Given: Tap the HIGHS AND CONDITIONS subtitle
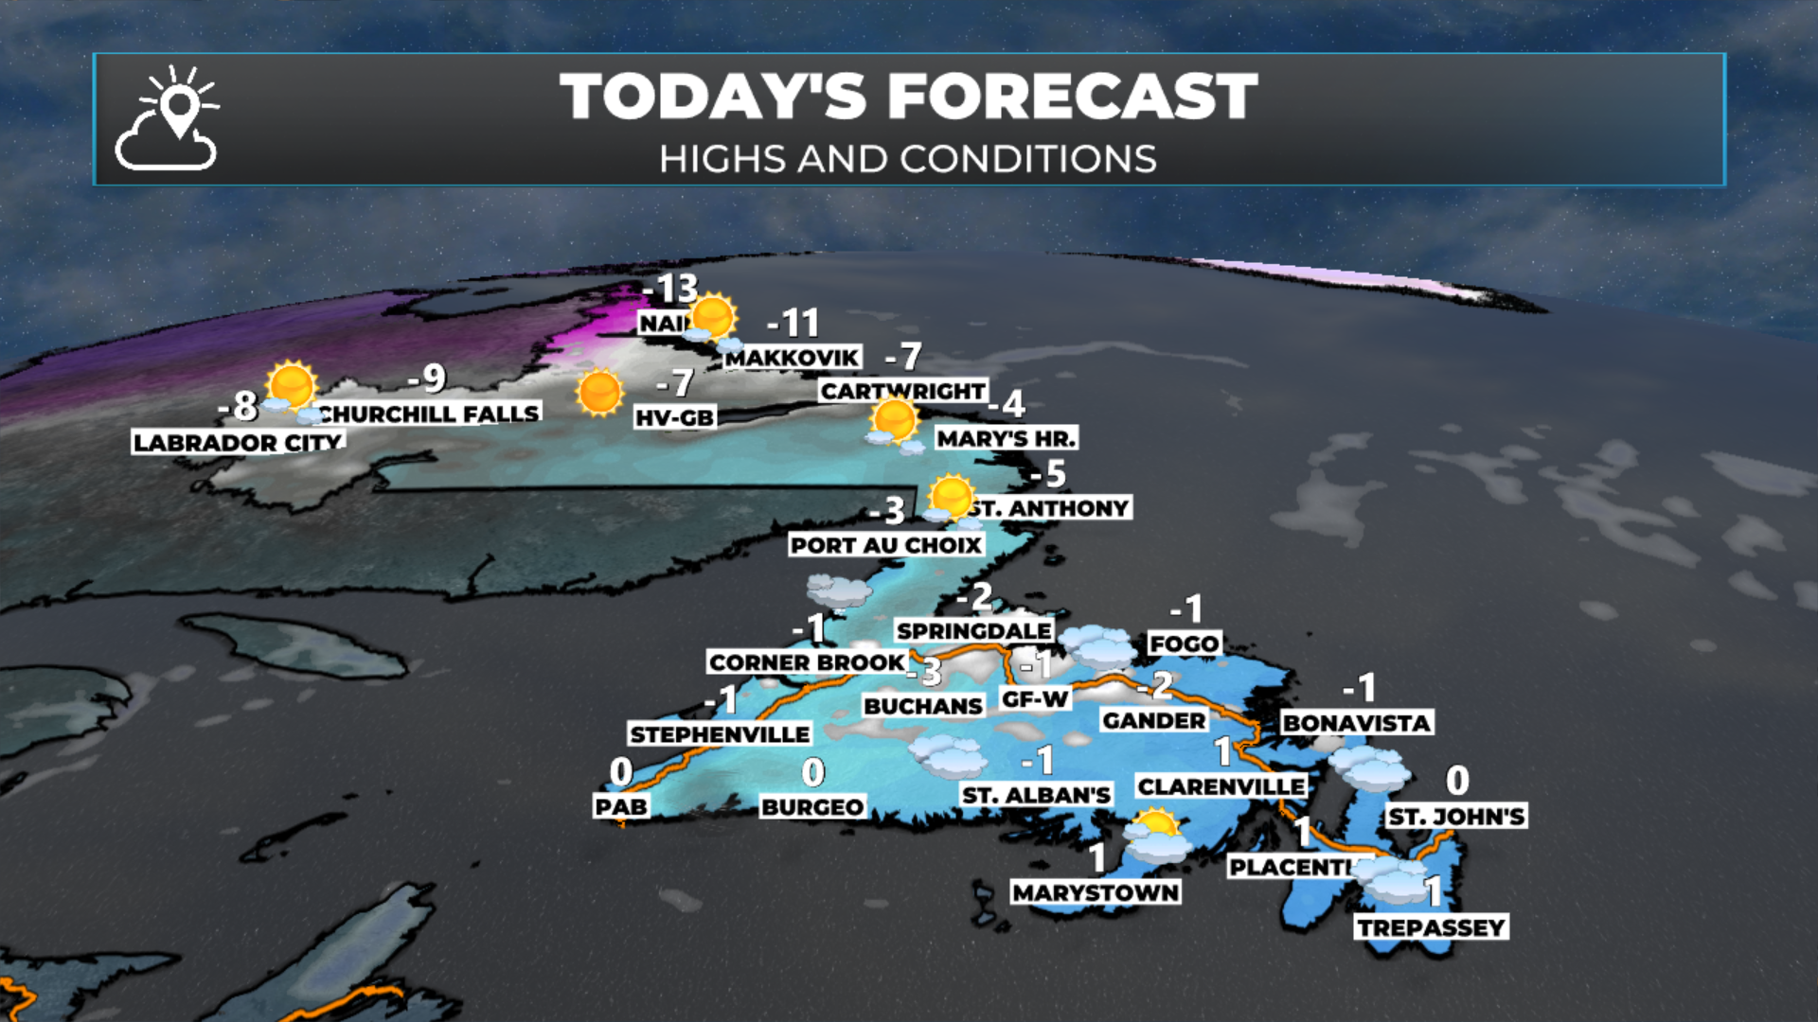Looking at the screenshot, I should (x=907, y=159).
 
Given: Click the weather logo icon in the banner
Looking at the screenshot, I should (x=168, y=119).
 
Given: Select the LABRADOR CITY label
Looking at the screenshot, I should (x=238, y=442).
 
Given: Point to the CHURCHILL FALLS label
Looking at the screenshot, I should (x=429, y=414).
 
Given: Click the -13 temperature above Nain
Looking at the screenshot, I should (x=670, y=289).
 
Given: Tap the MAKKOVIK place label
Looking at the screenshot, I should (x=793, y=358).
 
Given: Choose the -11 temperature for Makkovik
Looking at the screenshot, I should (x=793, y=324).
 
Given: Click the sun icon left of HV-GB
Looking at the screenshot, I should (x=599, y=393).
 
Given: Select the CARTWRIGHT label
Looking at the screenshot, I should (x=902, y=391).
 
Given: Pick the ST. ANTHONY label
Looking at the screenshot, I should (x=1050, y=508).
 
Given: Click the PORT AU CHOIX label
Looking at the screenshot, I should (x=886, y=545).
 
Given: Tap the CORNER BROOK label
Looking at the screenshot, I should (x=807, y=662).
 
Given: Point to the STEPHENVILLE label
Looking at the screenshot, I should (x=720, y=734).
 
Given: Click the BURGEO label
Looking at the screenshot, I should (x=812, y=807).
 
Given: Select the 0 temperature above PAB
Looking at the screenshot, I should (x=621, y=772).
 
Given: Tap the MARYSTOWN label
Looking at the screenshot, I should (x=1096, y=892).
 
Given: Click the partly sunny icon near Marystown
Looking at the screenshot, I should (x=1155, y=835).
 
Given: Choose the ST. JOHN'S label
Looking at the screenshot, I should (x=1456, y=817).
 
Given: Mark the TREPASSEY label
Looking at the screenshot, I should (x=1431, y=927).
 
